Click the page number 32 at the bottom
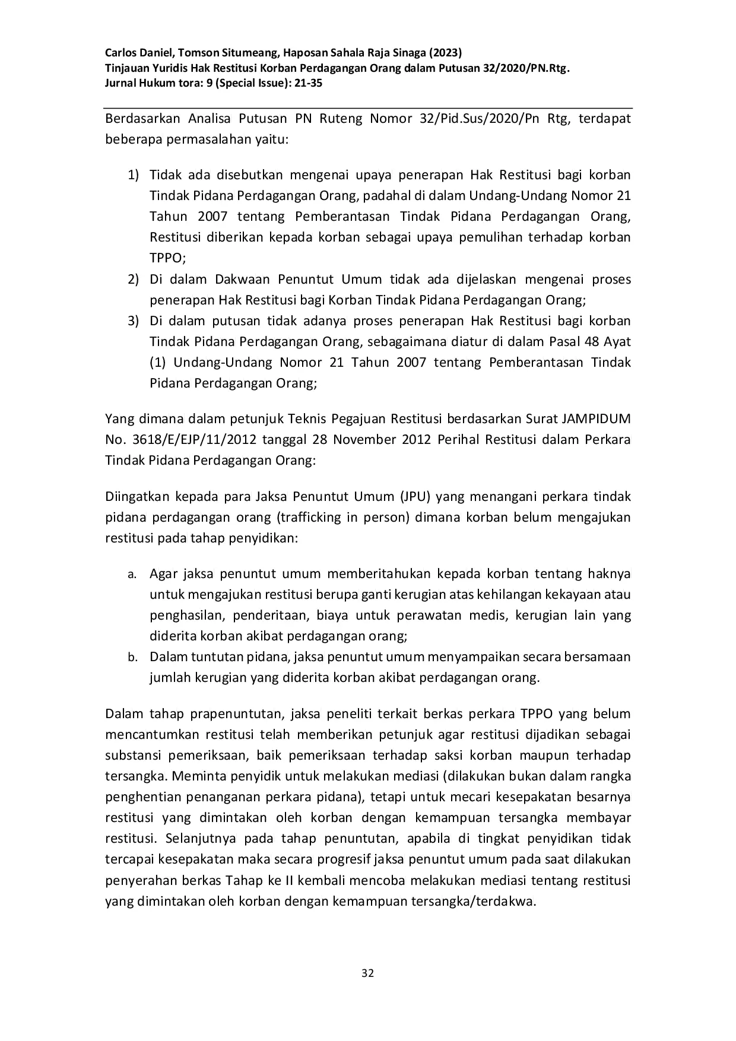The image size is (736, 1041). pos(367,973)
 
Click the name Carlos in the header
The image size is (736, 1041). pos(122,52)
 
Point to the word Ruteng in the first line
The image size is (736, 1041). pos(341,119)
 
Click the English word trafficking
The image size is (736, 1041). pos(309,517)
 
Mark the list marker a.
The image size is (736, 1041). pos(131,575)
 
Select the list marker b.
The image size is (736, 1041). pos(132,658)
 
